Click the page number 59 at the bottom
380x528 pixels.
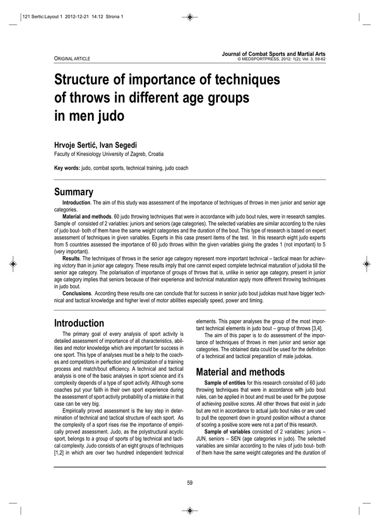(x=189, y=483)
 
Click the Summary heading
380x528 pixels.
(x=74, y=192)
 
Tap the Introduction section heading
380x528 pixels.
(x=79, y=323)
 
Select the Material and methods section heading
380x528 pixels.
(x=240, y=372)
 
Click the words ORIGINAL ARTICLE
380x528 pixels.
(x=72, y=59)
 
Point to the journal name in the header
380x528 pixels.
(x=274, y=54)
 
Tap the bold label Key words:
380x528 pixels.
(x=67, y=168)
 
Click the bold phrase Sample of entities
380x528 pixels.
(x=225, y=383)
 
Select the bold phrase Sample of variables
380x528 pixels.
(x=227, y=431)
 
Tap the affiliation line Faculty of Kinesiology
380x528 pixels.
(x=110, y=154)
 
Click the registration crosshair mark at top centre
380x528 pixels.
(x=189, y=18)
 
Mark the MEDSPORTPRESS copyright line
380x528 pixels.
(x=281, y=59)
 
